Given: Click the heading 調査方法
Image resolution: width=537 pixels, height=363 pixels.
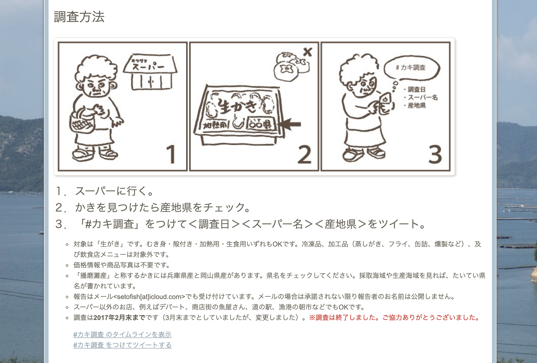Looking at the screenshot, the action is [79, 17].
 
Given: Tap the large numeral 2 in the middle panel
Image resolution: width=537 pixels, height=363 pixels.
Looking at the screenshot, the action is [305, 154].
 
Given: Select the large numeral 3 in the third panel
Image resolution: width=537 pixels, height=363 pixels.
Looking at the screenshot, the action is [435, 154].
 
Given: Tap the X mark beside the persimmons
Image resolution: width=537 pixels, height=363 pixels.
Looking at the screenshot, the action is [308, 52].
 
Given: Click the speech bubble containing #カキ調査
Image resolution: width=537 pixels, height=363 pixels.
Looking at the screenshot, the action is [412, 67].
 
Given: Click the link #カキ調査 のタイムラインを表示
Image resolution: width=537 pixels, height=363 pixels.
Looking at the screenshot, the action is [122, 334].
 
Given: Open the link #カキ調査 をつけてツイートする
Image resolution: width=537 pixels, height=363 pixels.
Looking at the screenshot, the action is [122, 345].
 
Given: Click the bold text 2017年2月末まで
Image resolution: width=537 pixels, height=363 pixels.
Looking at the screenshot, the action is [119, 317].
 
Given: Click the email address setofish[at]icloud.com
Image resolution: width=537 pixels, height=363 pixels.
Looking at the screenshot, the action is [149, 297].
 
